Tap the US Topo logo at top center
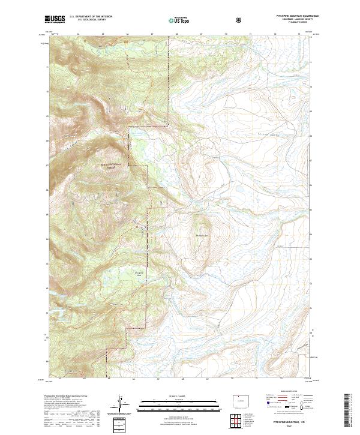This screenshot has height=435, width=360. pos(180,19)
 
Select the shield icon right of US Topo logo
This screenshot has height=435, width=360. pos(239,19)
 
